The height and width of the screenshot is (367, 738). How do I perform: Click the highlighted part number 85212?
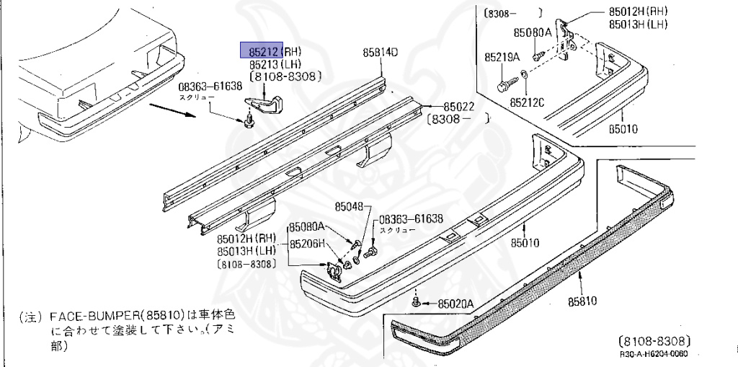(260, 50)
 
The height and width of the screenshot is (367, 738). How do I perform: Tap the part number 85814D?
(381, 52)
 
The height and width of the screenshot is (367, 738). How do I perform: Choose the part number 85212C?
(528, 102)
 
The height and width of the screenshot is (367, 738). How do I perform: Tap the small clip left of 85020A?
(417, 301)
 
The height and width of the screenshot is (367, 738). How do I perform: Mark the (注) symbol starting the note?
(30, 316)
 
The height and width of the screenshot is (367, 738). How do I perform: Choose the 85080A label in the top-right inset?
(532, 32)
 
